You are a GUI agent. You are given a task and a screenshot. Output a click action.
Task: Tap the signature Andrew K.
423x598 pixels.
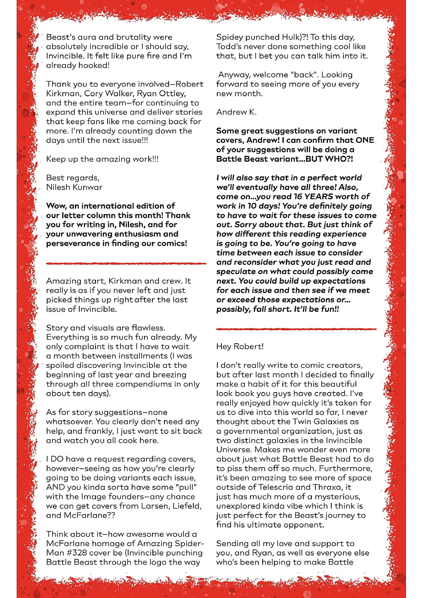pyautogui.click(x=236, y=112)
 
